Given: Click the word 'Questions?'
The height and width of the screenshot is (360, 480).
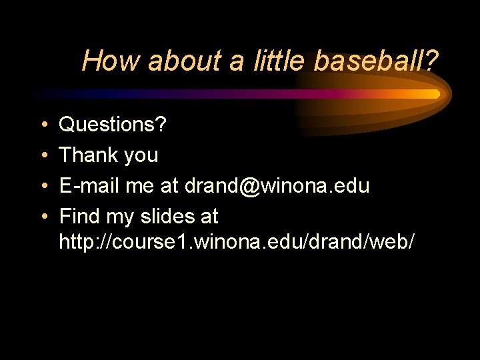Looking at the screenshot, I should [x=113, y=125].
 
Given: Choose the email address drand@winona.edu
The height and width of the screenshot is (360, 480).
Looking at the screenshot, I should [x=277, y=186].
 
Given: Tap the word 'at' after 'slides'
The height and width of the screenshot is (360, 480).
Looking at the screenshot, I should [x=208, y=217].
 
